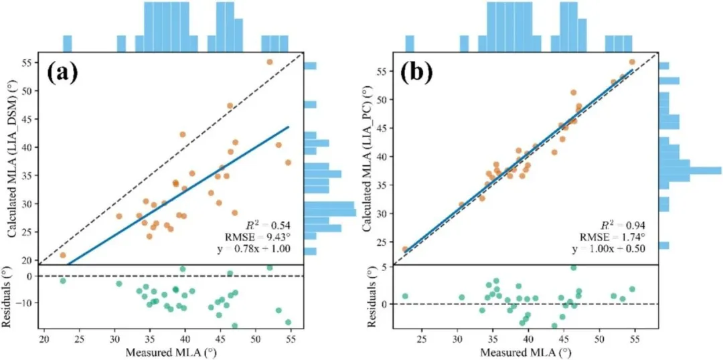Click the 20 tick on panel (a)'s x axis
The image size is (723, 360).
pyautogui.click(x=44, y=339)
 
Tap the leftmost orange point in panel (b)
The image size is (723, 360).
pyautogui.click(x=404, y=249)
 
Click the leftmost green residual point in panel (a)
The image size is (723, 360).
pyautogui.click(x=63, y=281)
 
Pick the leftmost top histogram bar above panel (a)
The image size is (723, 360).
pyautogui.click(x=67, y=43)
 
